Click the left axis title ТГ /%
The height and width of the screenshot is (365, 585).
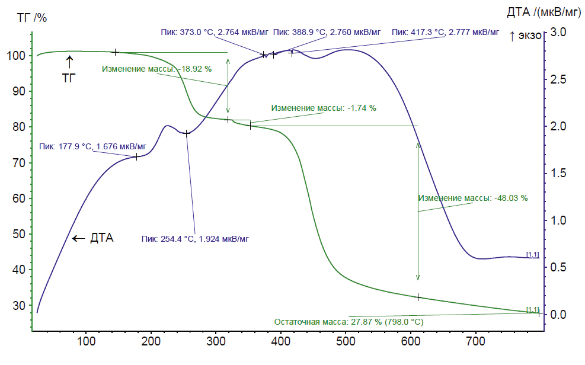pos(32,18)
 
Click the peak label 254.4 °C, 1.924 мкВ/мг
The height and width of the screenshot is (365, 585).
pos(195,239)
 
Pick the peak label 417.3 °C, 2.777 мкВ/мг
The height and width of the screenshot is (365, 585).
pos(445,32)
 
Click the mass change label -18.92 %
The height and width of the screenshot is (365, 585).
pos(156,69)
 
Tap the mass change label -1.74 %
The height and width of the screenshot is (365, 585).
pos(324,108)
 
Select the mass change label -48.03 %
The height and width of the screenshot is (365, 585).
pos(472,198)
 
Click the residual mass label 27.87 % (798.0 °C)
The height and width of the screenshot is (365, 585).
pos(349,322)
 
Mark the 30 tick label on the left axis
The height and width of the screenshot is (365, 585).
pos(18,306)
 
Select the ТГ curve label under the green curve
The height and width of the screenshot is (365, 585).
pos(69,78)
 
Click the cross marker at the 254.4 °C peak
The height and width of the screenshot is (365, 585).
pos(186,133)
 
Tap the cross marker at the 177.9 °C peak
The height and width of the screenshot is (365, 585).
pos(136,157)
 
